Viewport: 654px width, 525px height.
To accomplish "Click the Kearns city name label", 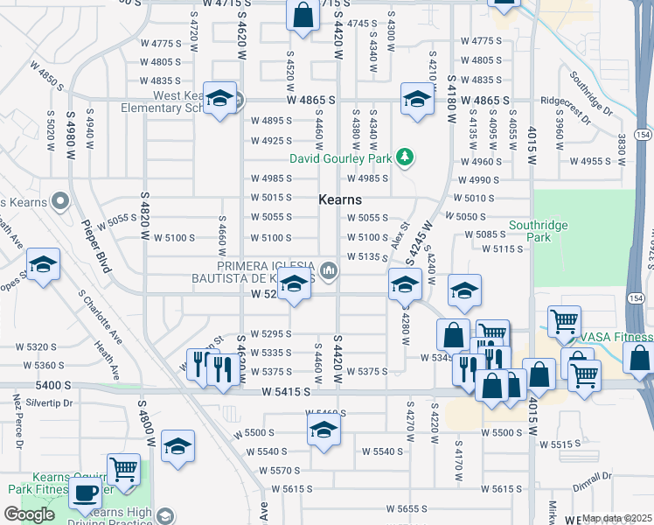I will click(340, 200).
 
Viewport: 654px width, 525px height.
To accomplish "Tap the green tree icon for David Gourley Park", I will click(404, 157).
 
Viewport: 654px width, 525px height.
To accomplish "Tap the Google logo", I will click(30, 514).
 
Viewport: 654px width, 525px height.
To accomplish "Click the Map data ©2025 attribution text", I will click(616, 518).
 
